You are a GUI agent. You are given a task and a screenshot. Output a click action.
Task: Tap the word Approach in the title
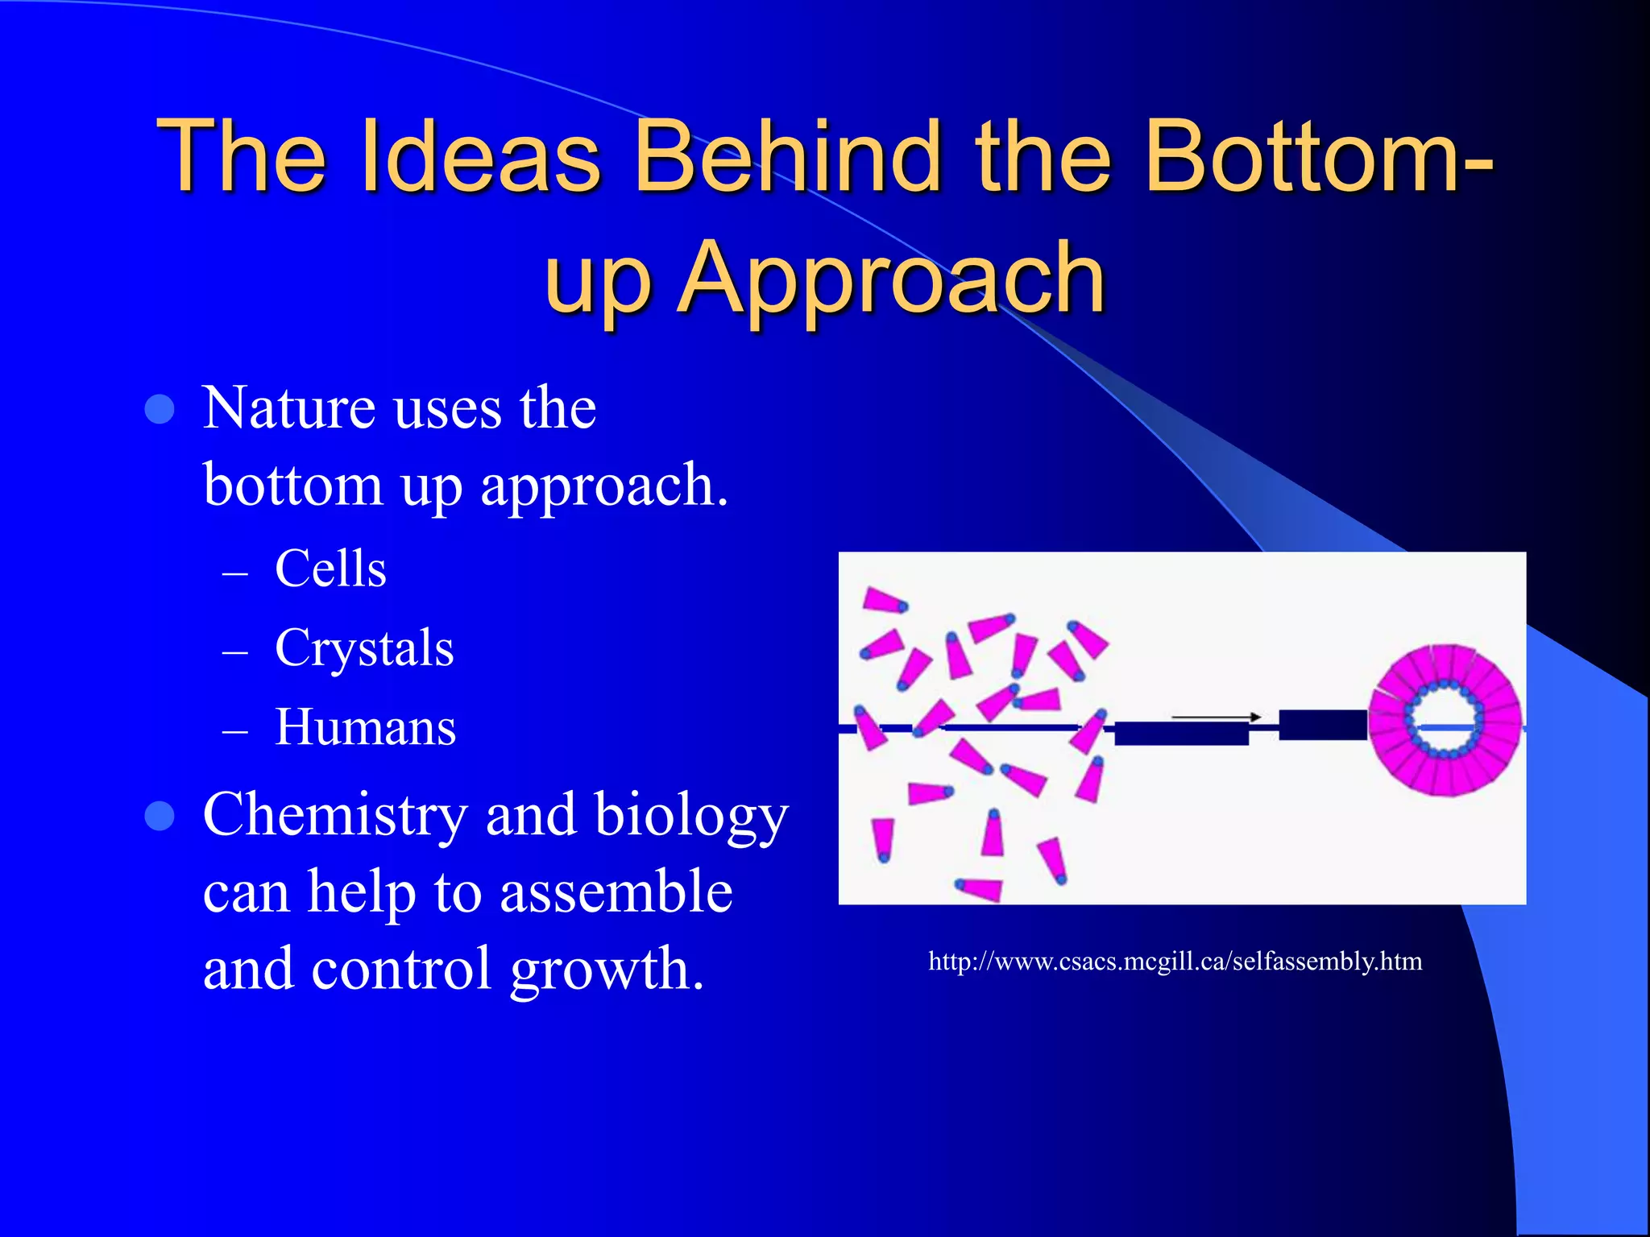pos(892,278)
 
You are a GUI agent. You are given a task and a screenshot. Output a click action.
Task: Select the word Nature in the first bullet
pos(288,408)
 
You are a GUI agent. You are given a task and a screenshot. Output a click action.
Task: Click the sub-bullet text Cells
pos(330,569)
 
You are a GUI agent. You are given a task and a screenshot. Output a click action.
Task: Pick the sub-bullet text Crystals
pos(364,648)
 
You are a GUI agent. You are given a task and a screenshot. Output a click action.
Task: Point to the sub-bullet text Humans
pos(365,727)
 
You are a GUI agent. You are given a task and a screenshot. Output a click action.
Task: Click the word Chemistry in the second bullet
pos(334,814)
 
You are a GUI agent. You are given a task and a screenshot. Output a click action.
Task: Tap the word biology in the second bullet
pos(691,816)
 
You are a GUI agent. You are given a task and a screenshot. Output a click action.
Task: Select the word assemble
pos(616,892)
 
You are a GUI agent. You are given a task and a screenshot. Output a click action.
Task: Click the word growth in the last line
pos(607,969)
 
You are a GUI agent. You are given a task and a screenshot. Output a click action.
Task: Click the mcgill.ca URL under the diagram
pos(1175,962)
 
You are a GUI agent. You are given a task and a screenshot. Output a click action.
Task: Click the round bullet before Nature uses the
pos(160,409)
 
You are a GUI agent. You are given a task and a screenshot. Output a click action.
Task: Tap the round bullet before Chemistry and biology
pos(160,816)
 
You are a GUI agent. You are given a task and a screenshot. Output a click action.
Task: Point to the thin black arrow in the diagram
pos(1215,716)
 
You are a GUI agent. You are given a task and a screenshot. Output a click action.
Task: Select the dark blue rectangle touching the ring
pos(1322,725)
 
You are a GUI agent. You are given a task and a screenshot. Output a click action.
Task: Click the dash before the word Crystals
pos(234,652)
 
